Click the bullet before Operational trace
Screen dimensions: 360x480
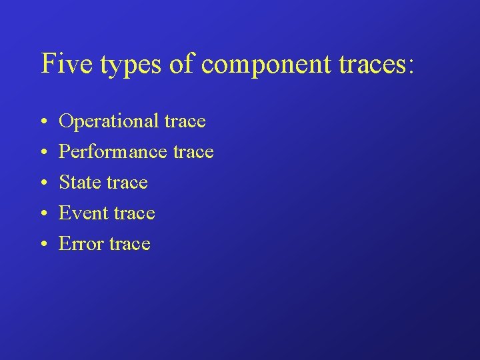point(42,122)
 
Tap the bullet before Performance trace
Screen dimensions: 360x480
point(42,153)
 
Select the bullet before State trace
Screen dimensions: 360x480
point(42,183)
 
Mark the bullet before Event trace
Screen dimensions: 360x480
point(42,213)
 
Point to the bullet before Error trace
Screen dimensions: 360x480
point(42,244)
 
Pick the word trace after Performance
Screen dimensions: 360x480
point(193,153)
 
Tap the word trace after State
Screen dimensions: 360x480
point(127,183)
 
